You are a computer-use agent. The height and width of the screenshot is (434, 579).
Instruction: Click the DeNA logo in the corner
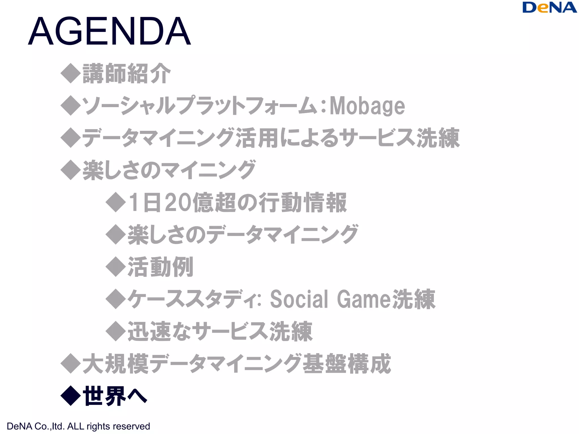pyautogui.click(x=549, y=8)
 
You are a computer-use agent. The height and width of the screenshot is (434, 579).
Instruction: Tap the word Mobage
pyautogui.click(x=367, y=106)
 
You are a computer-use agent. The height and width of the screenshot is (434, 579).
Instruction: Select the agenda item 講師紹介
pyautogui.click(x=127, y=73)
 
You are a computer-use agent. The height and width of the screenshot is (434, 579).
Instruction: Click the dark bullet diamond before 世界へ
pyautogui.click(x=71, y=396)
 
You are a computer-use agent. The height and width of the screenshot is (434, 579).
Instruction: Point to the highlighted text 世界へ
pyautogui.click(x=115, y=396)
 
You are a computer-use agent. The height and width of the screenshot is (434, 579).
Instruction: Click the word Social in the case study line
pyautogui.click(x=299, y=299)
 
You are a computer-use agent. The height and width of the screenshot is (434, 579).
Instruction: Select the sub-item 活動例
pyautogui.click(x=161, y=267)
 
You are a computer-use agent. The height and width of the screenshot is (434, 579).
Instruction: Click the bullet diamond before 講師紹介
pyautogui.click(x=71, y=73)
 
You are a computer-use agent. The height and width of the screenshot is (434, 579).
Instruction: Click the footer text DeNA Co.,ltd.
pyautogui.click(x=35, y=426)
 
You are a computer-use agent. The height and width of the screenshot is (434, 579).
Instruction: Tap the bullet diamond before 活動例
pyautogui.click(x=115, y=267)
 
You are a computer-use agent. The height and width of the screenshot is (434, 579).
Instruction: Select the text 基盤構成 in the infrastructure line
pyautogui.click(x=347, y=364)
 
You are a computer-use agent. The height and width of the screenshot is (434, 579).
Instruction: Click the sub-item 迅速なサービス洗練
pyautogui.click(x=220, y=331)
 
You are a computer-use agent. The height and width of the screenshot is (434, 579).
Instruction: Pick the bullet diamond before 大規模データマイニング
pyautogui.click(x=71, y=364)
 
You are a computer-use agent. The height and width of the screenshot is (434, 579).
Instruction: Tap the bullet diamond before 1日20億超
pyautogui.click(x=115, y=202)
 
